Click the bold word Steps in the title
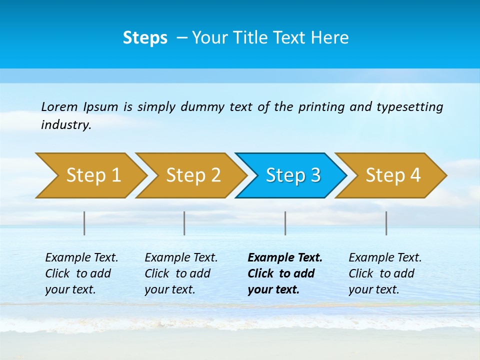[x=145, y=37]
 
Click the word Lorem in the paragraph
[x=59, y=106]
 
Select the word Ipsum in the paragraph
[x=101, y=106]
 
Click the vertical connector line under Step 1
[x=84, y=223]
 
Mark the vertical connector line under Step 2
[x=184, y=223]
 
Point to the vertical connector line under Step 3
[x=285, y=223]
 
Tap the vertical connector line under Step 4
[x=386, y=223]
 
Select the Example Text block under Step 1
[x=81, y=273]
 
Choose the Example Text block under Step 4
[x=385, y=273]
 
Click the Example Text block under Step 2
[x=181, y=273]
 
